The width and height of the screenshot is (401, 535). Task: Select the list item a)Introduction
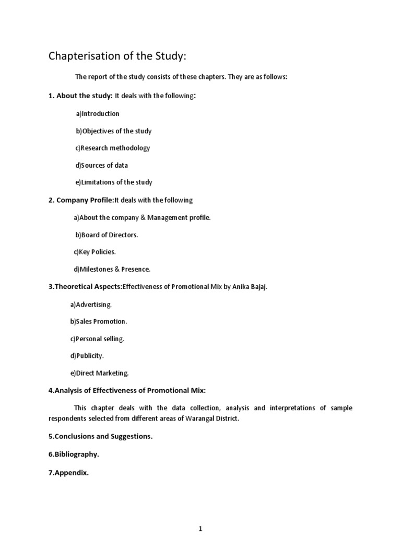tap(98, 114)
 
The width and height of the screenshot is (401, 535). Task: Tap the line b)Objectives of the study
tap(114, 131)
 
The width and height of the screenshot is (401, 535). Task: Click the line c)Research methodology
tap(113, 148)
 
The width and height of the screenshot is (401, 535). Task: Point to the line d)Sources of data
tap(102, 166)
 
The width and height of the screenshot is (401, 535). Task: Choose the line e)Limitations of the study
tap(114, 182)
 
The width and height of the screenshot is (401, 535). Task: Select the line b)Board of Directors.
tap(107, 235)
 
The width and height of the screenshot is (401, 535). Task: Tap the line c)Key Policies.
tap(95, 252)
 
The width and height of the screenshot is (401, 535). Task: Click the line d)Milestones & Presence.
tap(112, 270)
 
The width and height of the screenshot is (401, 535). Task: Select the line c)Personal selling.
tap(97, 339)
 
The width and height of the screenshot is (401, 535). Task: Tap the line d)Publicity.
tap(87, 356)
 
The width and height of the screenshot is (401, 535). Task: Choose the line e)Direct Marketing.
tap(99, 373)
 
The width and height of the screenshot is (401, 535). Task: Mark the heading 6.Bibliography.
tap(74, 455)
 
